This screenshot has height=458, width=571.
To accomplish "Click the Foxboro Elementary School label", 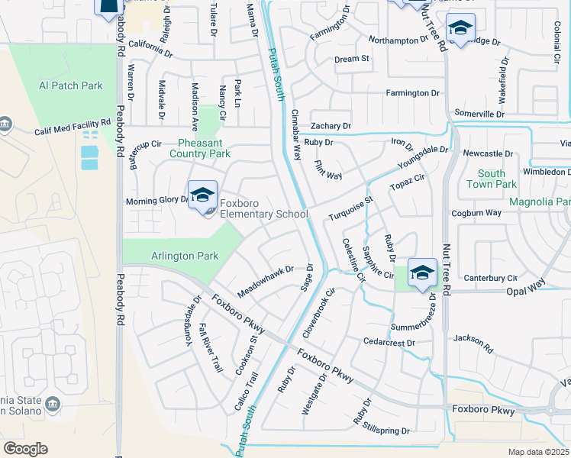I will [x=263, y=209].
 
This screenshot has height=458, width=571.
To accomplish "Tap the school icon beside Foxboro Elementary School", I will [x=203, y=195].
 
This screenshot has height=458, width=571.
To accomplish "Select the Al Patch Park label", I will [x=71, y=86].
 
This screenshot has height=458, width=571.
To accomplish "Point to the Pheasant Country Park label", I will [x=204, y=148].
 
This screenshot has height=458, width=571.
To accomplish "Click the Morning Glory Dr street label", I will [x=156, y=202].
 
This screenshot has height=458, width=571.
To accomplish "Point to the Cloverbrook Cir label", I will [x=319, y=313].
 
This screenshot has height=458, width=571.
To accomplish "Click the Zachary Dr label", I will [x=331, y=126].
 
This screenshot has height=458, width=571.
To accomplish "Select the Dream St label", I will [x=352, y=59].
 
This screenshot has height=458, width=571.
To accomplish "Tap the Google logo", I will [x=25, y=449].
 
